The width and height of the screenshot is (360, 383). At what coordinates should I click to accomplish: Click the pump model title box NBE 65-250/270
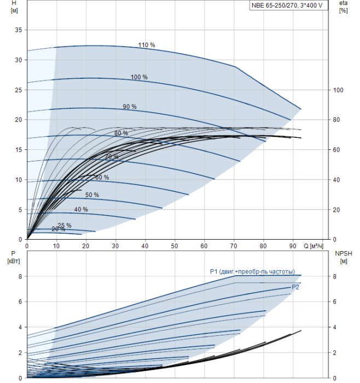[x=288, y=5]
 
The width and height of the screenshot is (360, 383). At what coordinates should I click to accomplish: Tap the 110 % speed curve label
[x=147, y=45]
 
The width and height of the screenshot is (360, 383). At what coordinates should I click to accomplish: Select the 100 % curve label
[x=139, y=77]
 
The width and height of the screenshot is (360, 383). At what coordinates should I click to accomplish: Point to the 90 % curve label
[x=130, y=107]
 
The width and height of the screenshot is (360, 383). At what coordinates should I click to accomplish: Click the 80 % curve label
[x=121, y=133]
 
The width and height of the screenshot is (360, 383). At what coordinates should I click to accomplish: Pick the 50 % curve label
[x=92, y=195]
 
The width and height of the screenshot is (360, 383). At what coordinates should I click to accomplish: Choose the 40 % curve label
[x=81, y=210]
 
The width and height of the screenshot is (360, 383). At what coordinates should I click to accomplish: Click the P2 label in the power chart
[x=295, y=287]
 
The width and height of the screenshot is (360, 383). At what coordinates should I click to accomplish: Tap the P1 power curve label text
[x=252, y=271]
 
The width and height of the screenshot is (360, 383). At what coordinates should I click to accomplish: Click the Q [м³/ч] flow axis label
[x=313, y=246]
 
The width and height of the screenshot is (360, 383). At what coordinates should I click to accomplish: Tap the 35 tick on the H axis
[x=18, y=30]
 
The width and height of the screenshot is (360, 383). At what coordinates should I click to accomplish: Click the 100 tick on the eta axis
[x=338, y=90]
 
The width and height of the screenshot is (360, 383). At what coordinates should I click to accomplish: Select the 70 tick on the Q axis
[x=234, y=246]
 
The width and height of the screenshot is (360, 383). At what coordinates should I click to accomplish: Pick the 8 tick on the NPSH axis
[x=335, y=276]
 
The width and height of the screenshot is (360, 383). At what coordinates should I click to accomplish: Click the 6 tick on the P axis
[x=20, y=301]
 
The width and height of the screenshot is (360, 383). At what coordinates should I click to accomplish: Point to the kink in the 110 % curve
[x=236, y=67]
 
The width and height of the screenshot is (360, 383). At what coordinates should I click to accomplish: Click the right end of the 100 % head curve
[x=291, y=120]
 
